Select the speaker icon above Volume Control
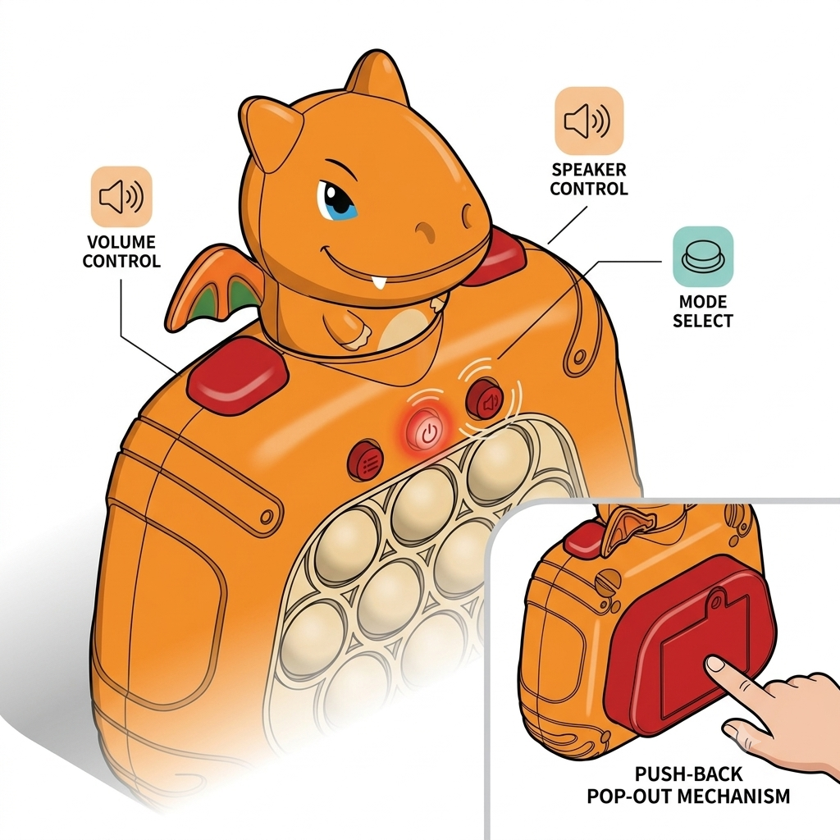pos(121,197)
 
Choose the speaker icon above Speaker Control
pos(589,121)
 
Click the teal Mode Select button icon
pos(703,257)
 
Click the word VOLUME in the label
pos(121,242)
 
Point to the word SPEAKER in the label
pos(589,169)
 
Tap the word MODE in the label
pos(703,302)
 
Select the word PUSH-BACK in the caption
pos(688,774)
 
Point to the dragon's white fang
pos(381,282)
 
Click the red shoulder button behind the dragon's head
pos(495,258)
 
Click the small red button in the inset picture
pos(584,539)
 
